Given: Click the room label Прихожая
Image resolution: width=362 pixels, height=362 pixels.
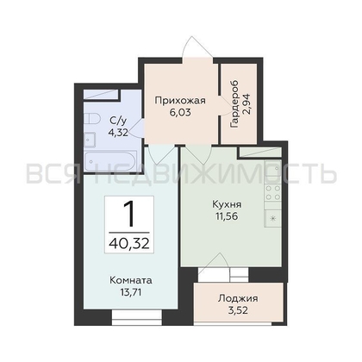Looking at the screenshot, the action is [x=180, y=101].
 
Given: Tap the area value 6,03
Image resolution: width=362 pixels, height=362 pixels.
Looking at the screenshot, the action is [x=180, y=112].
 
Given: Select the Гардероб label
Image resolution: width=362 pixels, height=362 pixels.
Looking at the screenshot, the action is [x=234, y=103].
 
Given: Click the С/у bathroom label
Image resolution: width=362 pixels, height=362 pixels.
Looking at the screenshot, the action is [x=118, y=121].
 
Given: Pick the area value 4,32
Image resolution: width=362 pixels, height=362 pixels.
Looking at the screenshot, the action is [x=118, y=133].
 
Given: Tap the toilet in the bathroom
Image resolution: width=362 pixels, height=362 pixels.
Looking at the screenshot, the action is [x=92, y=118].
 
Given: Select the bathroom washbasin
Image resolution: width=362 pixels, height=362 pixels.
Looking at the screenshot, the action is [x=90, y=140].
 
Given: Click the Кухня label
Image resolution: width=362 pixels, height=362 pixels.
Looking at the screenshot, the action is [x=227, y=204].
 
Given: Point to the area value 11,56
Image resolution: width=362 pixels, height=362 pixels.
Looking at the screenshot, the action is [x=227, y=216].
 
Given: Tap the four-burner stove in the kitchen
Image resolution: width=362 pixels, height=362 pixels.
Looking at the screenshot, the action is [x=273, y=193].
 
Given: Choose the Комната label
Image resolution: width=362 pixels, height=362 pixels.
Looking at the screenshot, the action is [x=131, y=280].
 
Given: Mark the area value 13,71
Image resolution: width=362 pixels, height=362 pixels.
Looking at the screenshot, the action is [x=131, y=292].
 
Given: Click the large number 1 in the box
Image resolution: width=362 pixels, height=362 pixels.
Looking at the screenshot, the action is [x=129, y=214].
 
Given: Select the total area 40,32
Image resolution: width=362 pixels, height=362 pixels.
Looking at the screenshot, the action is [x=129, y=244].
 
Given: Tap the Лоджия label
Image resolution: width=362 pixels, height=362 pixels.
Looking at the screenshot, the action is [x=238, y=298].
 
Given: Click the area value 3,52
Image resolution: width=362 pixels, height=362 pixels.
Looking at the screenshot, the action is [x=238, y=310].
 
